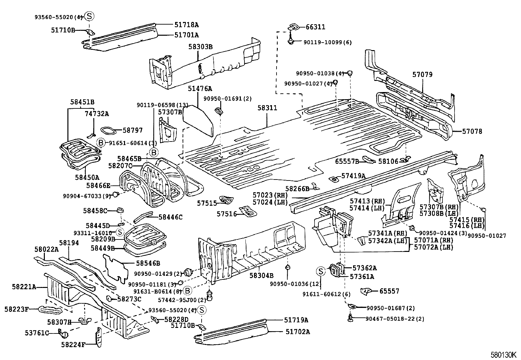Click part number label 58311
click(267, 108)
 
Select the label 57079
click(422, 74)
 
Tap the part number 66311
click(315, 27)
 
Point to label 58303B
click(200, 47)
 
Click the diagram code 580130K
click(503, 355)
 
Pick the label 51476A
click(200, 88)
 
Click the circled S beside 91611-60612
click(321, 271)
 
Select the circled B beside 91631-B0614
click(188, 291)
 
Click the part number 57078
click(472, 131)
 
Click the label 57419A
click(353, 176)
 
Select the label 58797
click(133, 130)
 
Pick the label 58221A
click(24, 287)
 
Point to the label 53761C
click(37, 333)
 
